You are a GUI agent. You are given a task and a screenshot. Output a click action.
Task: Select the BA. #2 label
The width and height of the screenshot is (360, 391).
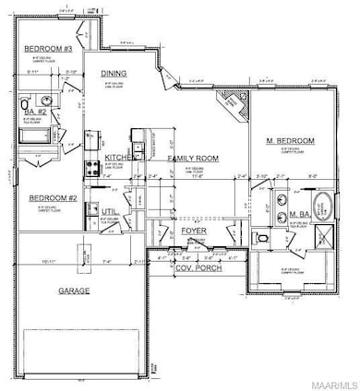(35, 112)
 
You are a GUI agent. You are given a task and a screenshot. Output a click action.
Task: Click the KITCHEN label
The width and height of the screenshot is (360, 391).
(109, 159)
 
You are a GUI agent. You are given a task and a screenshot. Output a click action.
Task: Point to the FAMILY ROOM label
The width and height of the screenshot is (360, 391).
(191, 159)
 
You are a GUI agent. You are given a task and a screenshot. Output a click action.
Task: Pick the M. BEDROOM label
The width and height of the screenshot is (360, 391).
(291, 140)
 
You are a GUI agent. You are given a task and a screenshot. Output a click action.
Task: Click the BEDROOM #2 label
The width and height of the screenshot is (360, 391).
(52, 197)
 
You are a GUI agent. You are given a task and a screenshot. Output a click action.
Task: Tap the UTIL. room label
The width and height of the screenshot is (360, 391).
(110, 211)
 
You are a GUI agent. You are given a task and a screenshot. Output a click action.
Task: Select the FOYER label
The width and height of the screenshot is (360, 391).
(194, 231)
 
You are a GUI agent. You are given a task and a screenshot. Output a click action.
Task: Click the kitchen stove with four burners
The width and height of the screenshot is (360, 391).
(93, 168)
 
